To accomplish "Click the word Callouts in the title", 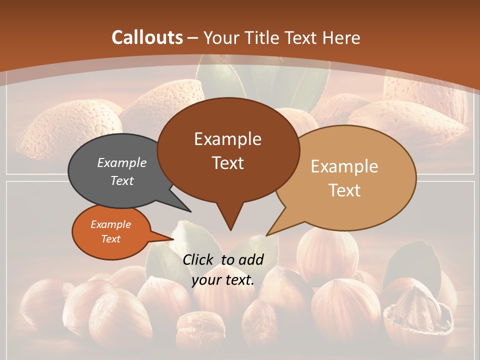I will pyautogui.click(x=147, y=37).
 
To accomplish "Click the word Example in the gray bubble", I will pyautogui.click(x=121, y=162).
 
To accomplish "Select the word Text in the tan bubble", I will pyautogui.click(x=344, y=190).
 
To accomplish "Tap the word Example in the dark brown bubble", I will pyautogui.click(x=227, y=139).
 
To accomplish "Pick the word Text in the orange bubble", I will pyautogui.click(x=110, y=239).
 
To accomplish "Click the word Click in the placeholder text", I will pyautogui.click(x=198, y=259).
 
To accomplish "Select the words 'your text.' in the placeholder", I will pyautogui.click(x=223, y=280).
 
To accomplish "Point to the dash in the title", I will pyautogui.click(x=193, y=37).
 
